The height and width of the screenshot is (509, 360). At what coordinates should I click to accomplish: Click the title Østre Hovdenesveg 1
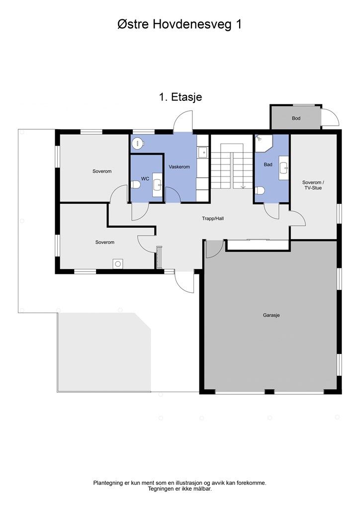coord(180,24)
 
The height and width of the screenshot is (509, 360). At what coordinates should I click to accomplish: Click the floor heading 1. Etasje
coord(180,97)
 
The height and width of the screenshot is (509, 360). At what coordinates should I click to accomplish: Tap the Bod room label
coord(296,118)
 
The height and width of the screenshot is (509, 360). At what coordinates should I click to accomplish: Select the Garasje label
coord(271,315)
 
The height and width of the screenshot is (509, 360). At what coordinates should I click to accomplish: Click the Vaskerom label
coord(179,167)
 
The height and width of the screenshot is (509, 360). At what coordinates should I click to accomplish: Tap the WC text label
coord(145,178)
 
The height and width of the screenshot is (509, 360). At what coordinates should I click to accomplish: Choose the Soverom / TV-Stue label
coord(313,185)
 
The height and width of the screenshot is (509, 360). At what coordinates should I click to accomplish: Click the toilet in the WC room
coord(136,185)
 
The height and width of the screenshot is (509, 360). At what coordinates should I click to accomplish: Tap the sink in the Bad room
coord(284,168)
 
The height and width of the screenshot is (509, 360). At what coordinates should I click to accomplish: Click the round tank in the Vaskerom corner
coord(138,144)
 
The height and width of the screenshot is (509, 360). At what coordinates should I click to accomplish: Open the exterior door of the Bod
coord(330,117)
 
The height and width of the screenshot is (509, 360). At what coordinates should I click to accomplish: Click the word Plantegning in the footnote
coord(108,483)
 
